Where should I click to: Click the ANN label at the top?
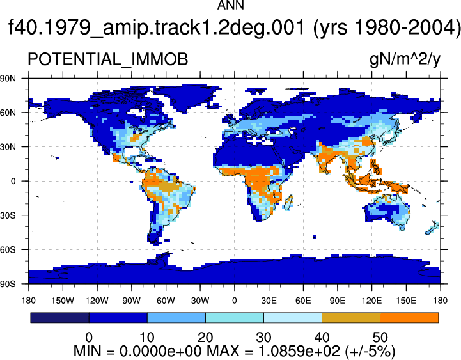[230, 4]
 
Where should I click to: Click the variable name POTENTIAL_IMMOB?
[107, 59]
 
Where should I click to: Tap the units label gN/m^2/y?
[405, 60]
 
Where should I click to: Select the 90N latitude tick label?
[8, 78]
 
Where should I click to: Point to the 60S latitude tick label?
[8, 250]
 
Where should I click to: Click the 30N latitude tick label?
[8, 147]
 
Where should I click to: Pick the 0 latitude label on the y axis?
[13, 181]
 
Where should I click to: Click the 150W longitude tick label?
[63, 301]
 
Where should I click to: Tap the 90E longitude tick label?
[337, 301]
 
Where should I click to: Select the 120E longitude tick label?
[371, 301]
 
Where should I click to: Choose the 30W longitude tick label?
[200, 301]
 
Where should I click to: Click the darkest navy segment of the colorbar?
[59, 318]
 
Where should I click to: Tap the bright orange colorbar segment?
[409, 318]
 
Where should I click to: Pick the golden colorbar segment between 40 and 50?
[351, 318]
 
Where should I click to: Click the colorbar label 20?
[205, 337]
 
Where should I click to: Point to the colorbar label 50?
[380, 337]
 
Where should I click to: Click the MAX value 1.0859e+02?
[299, 351]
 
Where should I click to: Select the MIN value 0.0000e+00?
[161, 351]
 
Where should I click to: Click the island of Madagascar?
[289, 203]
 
